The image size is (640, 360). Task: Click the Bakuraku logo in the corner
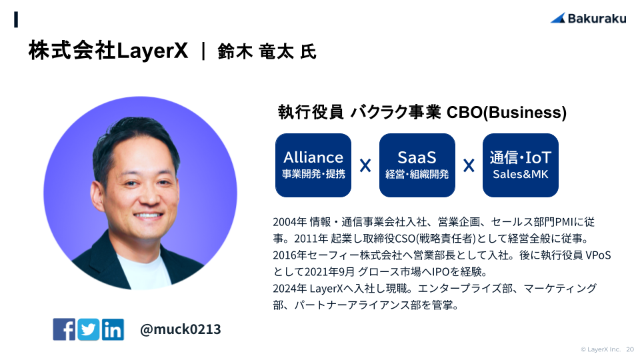click(588, 19)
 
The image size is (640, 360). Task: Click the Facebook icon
click(64, 329)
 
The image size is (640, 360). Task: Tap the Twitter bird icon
click(88, 329)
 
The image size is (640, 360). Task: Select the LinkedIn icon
click(113, 329)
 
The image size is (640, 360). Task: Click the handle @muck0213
click(180, 329)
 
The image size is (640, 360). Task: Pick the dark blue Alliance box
click(313, 165)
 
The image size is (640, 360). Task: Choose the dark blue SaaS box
click(417, 165)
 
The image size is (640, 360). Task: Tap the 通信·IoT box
click(521, 165)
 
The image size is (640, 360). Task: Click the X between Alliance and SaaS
click(365, 166)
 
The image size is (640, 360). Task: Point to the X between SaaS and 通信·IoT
click(469, 166)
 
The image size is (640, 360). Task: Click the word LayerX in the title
click(152, 51)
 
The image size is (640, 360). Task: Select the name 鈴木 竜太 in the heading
click(255, 52)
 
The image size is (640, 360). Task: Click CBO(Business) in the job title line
click(507, 112)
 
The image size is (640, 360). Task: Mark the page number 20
click(630, 349)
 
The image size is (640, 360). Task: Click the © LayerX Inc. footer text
click(601, 349)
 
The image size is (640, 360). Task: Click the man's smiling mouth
click(148, 215)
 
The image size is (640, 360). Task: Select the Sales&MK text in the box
click(521, 174)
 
